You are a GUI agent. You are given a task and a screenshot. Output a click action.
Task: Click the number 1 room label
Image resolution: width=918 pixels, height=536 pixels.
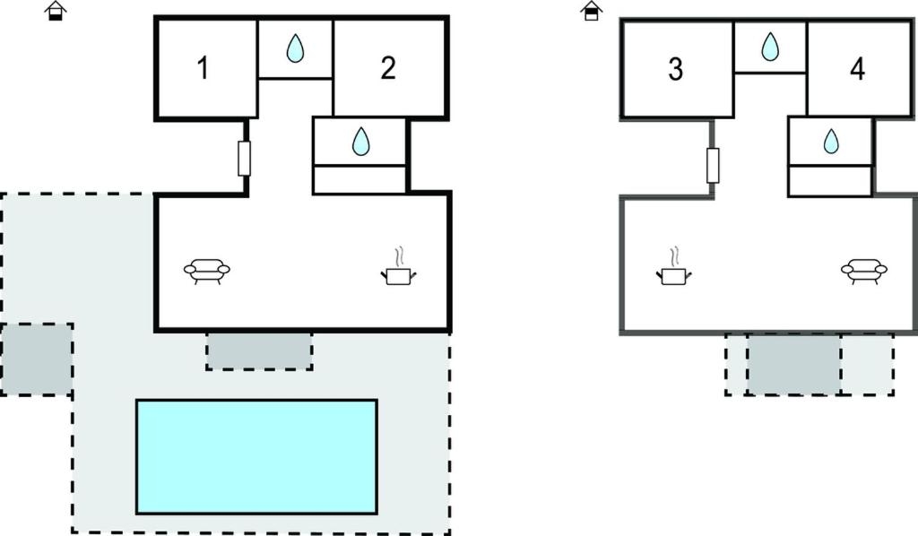point(204,68)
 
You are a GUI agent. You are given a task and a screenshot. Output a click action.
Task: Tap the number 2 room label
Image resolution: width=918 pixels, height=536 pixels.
point(387,68)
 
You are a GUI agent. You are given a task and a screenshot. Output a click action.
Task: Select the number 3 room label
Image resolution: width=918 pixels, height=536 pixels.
point(676,69)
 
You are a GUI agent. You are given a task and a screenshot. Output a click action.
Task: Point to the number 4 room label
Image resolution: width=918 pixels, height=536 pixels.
point(857,69)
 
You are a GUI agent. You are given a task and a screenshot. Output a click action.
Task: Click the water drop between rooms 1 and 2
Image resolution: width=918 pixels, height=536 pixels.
point(295,49)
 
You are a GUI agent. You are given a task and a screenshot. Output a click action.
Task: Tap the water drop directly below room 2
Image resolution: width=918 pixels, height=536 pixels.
point(360,141)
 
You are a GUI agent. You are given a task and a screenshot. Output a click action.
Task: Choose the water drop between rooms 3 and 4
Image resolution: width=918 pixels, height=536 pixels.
point(770,46)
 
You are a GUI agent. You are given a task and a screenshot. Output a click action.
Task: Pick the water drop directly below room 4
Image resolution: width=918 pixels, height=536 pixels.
point(831,141)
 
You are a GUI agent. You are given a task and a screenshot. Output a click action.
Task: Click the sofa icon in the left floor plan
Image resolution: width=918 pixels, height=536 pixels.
point(207,269)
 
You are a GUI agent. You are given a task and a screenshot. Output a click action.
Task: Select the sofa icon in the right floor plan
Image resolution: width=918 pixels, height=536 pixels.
point(864,269)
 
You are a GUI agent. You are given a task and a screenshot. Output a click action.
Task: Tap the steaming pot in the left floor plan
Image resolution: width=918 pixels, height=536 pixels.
point(398,270)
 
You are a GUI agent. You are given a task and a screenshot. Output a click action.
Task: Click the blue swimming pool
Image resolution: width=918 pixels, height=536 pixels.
point(256,456)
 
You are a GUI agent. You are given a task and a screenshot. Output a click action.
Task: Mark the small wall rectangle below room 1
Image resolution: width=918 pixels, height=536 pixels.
point(244,159)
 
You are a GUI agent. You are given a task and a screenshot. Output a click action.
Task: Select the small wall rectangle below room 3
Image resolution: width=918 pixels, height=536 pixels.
point(713,165)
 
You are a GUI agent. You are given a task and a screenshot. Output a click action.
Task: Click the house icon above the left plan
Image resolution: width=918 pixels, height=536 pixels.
point(56,11)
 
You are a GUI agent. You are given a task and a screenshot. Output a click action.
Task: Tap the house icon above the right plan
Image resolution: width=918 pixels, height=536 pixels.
point(591,11)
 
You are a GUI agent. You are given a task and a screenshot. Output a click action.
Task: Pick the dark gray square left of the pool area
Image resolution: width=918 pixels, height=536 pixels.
point(37,359)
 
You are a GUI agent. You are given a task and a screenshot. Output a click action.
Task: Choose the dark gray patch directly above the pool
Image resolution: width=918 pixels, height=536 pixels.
point(259,350)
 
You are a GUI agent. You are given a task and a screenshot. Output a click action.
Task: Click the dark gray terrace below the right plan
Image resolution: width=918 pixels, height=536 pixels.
point(793,364)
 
